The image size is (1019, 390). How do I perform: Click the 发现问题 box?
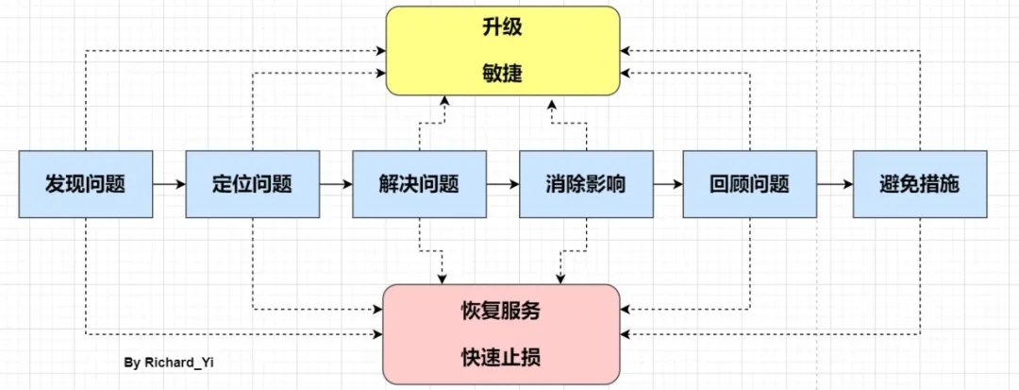[x=86, y=184]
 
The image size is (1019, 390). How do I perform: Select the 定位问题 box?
[x=252, y=184]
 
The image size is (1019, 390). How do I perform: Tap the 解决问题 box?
[x=419, y=184]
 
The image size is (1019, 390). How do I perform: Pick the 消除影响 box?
[x=586, y=184]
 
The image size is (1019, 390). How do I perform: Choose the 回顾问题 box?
[x=750, y=184]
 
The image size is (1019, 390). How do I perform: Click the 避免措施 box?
[x=919, y=184]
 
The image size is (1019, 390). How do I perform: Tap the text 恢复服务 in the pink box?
[x=502, y=310]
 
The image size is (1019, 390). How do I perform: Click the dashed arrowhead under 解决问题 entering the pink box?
[x=443, y=279]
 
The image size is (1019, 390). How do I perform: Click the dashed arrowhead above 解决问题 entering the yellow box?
[x=443, y=100]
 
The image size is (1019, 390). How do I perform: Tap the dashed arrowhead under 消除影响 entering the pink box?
[x=560, y=279]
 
